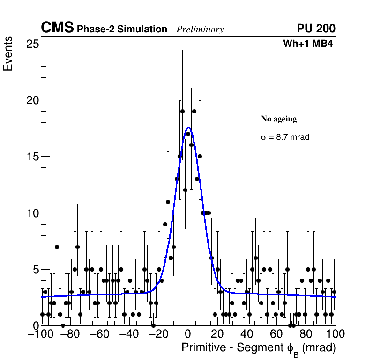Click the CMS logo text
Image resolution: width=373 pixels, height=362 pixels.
pos(57,28)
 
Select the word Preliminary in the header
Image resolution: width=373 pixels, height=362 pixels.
pos(200,30)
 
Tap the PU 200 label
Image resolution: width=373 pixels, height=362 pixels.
pos(316,29)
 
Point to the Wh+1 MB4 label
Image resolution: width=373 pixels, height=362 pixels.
pos(308,44)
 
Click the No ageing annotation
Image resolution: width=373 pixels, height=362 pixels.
pos(279,119)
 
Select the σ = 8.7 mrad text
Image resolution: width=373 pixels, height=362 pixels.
pos(285,137)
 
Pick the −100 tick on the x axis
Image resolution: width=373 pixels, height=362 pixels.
pos(39,334)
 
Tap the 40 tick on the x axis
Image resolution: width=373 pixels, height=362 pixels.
pos(247,334)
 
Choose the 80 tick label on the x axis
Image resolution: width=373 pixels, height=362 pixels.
pos(306,334)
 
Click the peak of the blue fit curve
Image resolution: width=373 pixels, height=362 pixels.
pos(188,127)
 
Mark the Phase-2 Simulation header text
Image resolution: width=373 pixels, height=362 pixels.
pos(122,30)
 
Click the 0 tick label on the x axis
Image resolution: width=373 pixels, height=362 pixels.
pos(188,334)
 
